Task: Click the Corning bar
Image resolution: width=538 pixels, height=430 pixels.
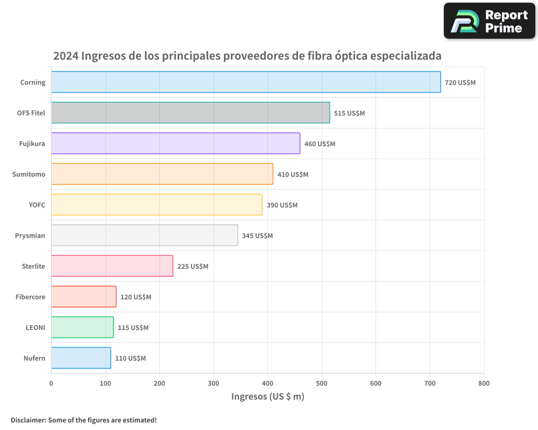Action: (246, 82)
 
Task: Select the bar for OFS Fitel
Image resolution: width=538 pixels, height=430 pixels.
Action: (190, 113)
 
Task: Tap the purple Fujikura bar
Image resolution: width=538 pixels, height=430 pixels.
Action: (175, 144)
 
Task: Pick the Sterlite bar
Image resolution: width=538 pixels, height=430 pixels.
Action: (112, 266)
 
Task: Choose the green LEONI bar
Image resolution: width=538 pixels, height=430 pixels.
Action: (82, 327)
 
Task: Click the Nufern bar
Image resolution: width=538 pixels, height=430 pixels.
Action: (81, 358)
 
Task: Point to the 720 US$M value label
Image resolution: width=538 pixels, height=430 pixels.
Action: (460, 83)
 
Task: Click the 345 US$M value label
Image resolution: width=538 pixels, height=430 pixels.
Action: (257, 236)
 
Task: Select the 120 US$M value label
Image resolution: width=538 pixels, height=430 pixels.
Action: (136, 297)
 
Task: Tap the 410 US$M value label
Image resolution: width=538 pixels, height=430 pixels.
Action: (293, 175)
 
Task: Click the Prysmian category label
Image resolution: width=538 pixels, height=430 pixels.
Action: (30, 236)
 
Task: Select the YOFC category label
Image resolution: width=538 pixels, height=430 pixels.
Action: (37, 205)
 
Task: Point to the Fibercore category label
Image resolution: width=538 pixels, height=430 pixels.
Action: (30, 297)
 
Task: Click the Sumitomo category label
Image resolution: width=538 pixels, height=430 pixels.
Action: (29, 175)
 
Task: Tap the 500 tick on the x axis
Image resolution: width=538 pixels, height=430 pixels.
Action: (322, 383)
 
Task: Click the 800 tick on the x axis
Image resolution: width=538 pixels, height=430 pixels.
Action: (484, 383)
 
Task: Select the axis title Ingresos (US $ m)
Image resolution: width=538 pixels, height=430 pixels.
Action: (267, 397)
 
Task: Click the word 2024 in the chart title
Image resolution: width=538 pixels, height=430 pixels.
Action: (66, 56)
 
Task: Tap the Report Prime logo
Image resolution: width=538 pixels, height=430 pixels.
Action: (489, 21)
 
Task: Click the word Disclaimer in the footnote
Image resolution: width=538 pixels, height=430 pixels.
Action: (28, 420)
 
